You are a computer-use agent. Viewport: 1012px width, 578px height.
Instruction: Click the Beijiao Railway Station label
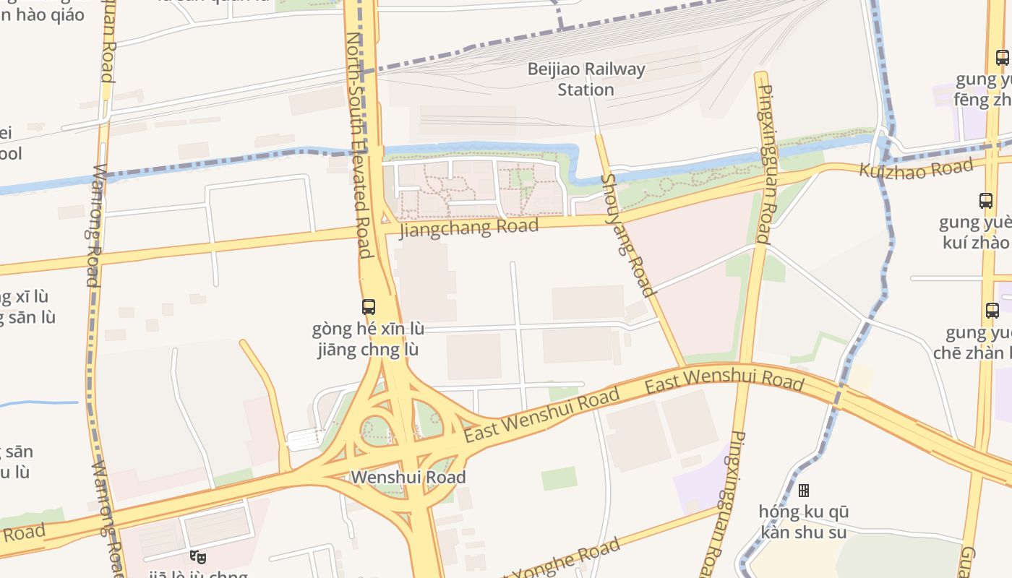(x=586, y=79)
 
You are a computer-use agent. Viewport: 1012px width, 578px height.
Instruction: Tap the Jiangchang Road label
(x=469, y=228)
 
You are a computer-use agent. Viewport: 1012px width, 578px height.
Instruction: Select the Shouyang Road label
(x=627, y=236)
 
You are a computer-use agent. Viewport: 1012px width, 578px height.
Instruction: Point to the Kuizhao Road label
(x=916, y=169)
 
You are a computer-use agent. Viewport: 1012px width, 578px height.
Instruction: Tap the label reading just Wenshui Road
(x=408, y=478)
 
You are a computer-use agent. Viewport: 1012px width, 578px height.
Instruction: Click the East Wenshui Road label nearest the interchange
(x=541, y=415)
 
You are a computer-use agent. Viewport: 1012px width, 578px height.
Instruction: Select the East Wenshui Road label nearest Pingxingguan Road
(x=724, y=381)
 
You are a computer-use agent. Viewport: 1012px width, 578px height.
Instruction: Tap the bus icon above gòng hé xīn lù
(x=369, y=307)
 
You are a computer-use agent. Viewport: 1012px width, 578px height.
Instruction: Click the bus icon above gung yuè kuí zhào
(x=985, y=201)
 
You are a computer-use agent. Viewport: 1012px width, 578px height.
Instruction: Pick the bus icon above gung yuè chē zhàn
(x=992, y=311)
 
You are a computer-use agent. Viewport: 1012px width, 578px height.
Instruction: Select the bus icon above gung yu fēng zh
(x=1002, y=58)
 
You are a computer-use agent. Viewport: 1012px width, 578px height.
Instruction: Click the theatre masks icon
(x=197, y=556)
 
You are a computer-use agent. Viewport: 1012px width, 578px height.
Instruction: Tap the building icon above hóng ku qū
(x=803, y=491)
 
